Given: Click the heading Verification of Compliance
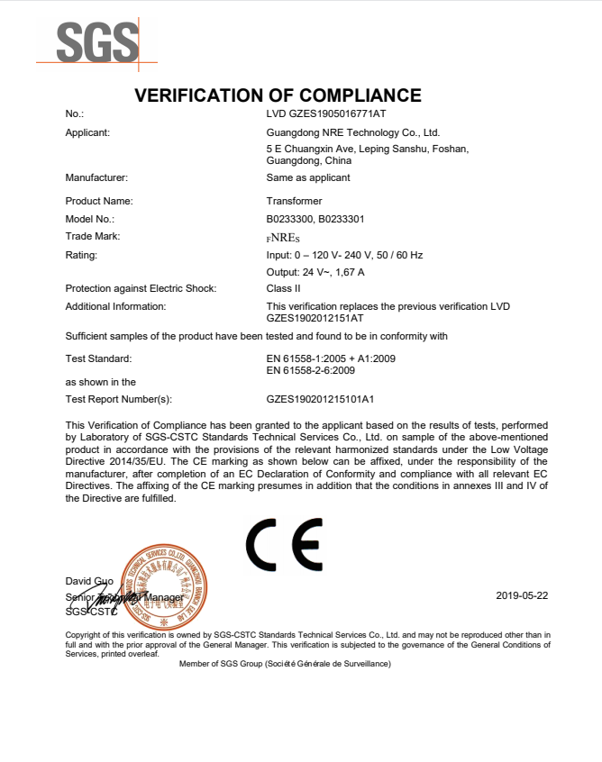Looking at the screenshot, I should [x=278, y=95].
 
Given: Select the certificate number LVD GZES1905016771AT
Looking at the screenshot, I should [x=326, y=114].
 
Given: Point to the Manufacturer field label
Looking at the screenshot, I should [x=96, y=177].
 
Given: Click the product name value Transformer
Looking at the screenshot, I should [x=294, y=201].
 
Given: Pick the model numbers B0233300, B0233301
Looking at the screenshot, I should [x=315, y=219].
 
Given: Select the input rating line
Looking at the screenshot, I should [x=344, y=255].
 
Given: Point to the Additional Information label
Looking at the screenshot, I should [x=115, y=306].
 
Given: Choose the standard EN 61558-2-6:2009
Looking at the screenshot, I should [x=311, y=369].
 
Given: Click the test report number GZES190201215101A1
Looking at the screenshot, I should [x=320, y=398].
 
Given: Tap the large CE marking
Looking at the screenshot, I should [x=284, y=544].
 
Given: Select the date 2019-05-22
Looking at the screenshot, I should [x=522, y=596].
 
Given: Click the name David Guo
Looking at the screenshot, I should [x=89, y=580].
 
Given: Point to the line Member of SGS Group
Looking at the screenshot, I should [x=285, y=663].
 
